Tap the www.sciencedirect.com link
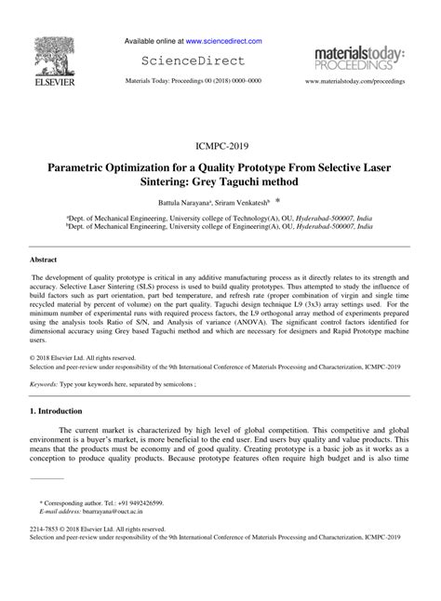pos(222,42)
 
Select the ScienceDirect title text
pos(193,61)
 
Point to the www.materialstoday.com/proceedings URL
pos(354,82)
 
